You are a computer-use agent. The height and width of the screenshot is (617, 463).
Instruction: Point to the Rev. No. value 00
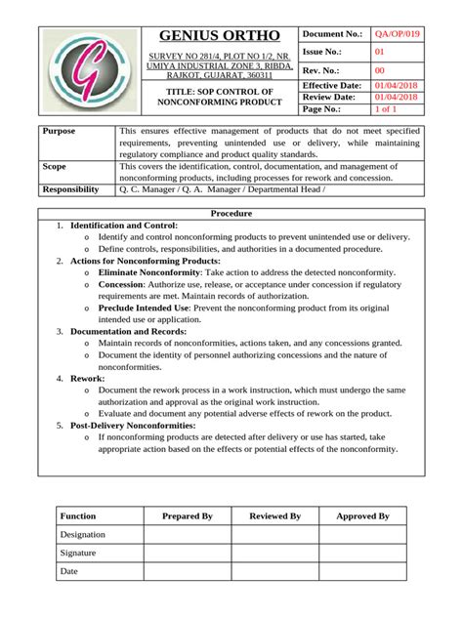coord(381,70)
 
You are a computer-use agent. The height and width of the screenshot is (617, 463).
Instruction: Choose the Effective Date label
coord(334,86)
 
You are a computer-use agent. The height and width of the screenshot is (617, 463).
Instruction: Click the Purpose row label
coord(60,131)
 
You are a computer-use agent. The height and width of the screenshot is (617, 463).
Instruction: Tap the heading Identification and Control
coord(124,226)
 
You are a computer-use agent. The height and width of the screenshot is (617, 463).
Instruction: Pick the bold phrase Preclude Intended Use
coord(145,308)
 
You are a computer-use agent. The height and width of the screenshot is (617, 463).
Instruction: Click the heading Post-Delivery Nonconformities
coord(144,426)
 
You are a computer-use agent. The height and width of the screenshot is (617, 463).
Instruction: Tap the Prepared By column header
coord(188,515)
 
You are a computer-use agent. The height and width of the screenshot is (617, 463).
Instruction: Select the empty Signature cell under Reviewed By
coord(274,553)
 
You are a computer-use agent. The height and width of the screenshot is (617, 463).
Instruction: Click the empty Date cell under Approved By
coord(362,571)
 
